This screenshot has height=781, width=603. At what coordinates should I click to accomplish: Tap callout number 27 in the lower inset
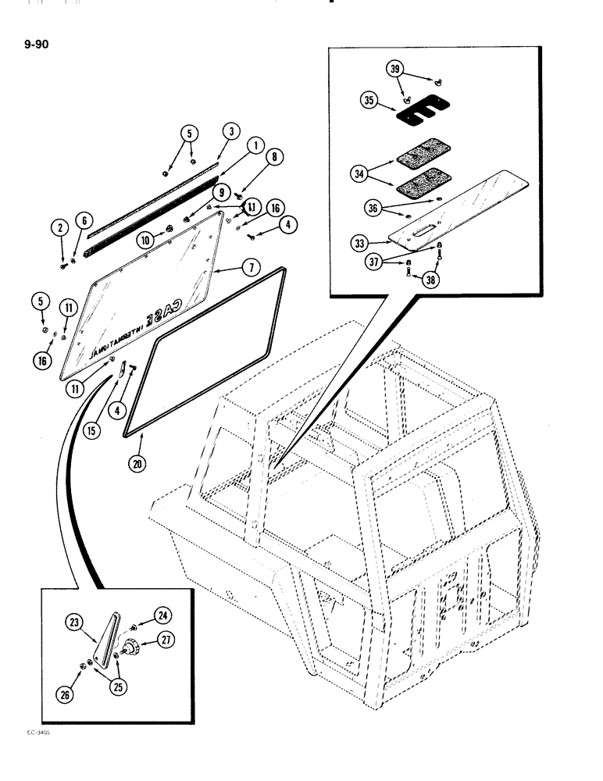pyautogui.click(x=165, y=640)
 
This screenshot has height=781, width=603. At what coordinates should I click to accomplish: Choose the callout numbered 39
pyautogui.click(x=398, y=70)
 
